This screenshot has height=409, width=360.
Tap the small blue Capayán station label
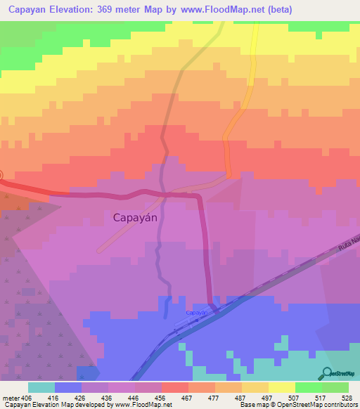pos(197,312)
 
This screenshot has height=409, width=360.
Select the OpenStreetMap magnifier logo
pos(325,373)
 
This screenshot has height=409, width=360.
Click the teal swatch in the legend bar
pos(41,387)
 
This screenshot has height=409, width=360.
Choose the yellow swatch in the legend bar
pos(281,387)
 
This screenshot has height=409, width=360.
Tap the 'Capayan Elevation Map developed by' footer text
pos(55,404)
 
